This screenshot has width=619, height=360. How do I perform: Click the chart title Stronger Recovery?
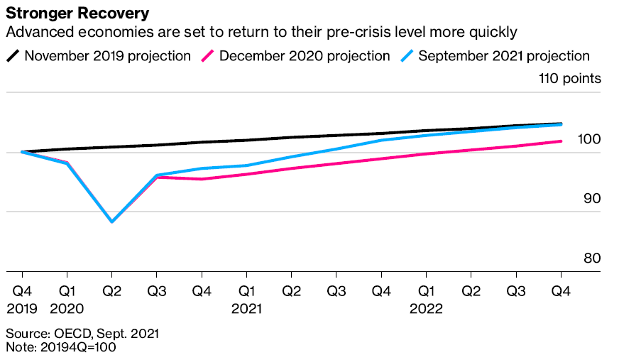[x=77, y=13]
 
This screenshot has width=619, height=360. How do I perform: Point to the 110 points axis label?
[x=570, y=78]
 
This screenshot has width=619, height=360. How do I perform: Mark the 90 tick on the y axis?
[x=591, y=199]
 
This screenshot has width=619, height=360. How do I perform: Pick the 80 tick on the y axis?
[x=591, y=258]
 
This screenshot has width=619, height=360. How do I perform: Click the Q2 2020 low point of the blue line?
[x=112, y=222]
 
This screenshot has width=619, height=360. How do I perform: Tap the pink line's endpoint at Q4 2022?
[x=561, y=141]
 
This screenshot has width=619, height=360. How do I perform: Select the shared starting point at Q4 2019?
[x=23, y=151]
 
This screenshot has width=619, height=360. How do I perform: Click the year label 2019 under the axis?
[x=23, y=309]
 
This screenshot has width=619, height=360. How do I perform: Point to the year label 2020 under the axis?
[x=67, y=309]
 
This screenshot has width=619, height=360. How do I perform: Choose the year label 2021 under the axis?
[x=246, y=309]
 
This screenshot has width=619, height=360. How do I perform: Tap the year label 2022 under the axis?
[x=426, y=309]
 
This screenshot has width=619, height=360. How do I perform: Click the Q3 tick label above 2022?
[x=516, y=291]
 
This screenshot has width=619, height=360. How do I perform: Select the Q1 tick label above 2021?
[x=246, y=291]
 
